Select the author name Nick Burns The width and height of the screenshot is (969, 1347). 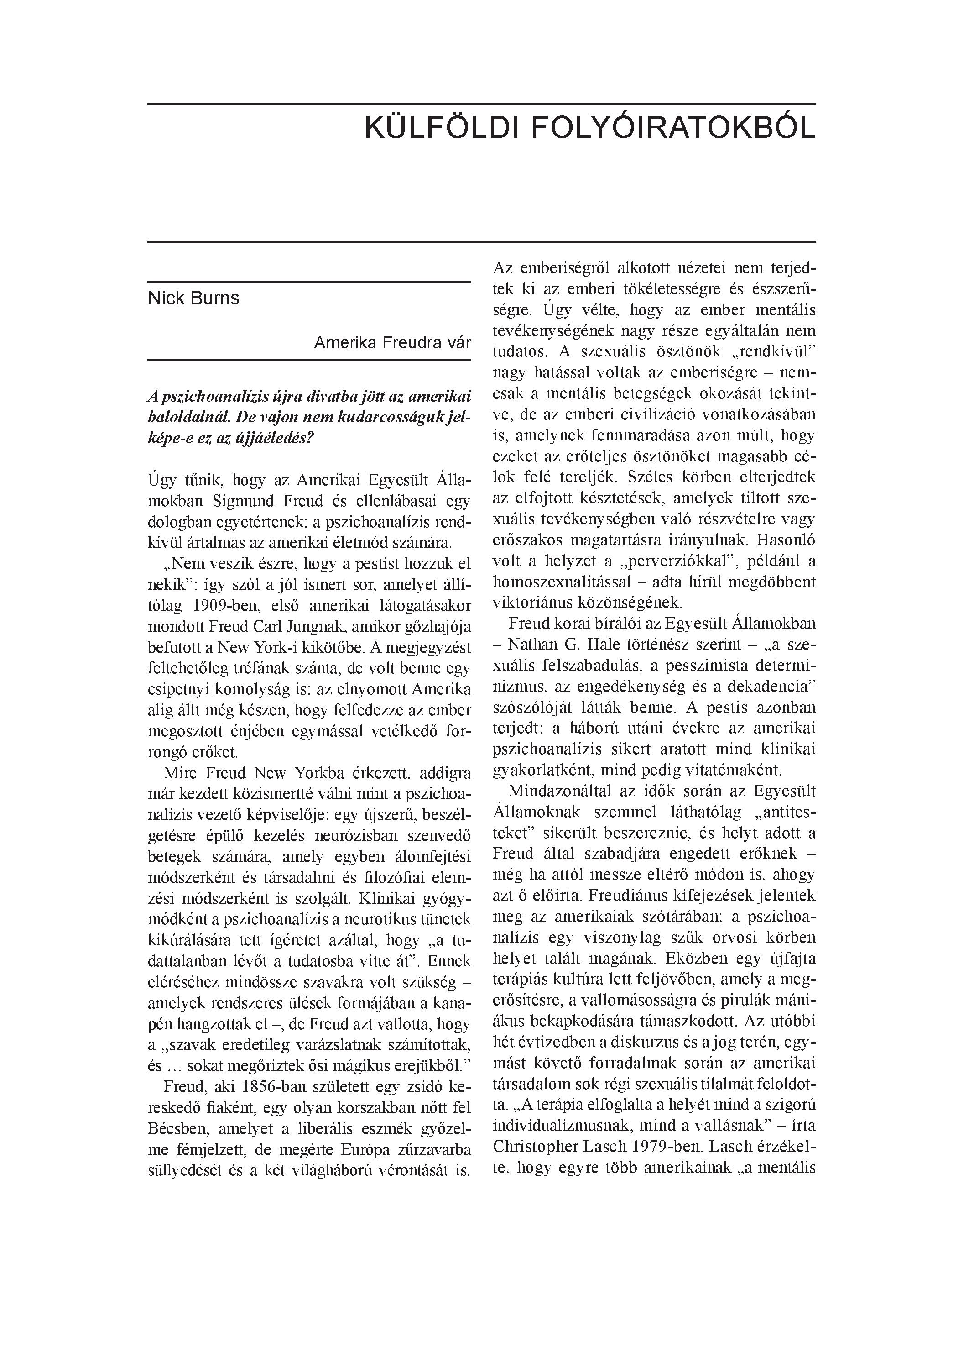[193, 298]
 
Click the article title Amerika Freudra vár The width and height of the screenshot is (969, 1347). [392, 343]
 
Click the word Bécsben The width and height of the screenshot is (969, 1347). [177, 1128]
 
